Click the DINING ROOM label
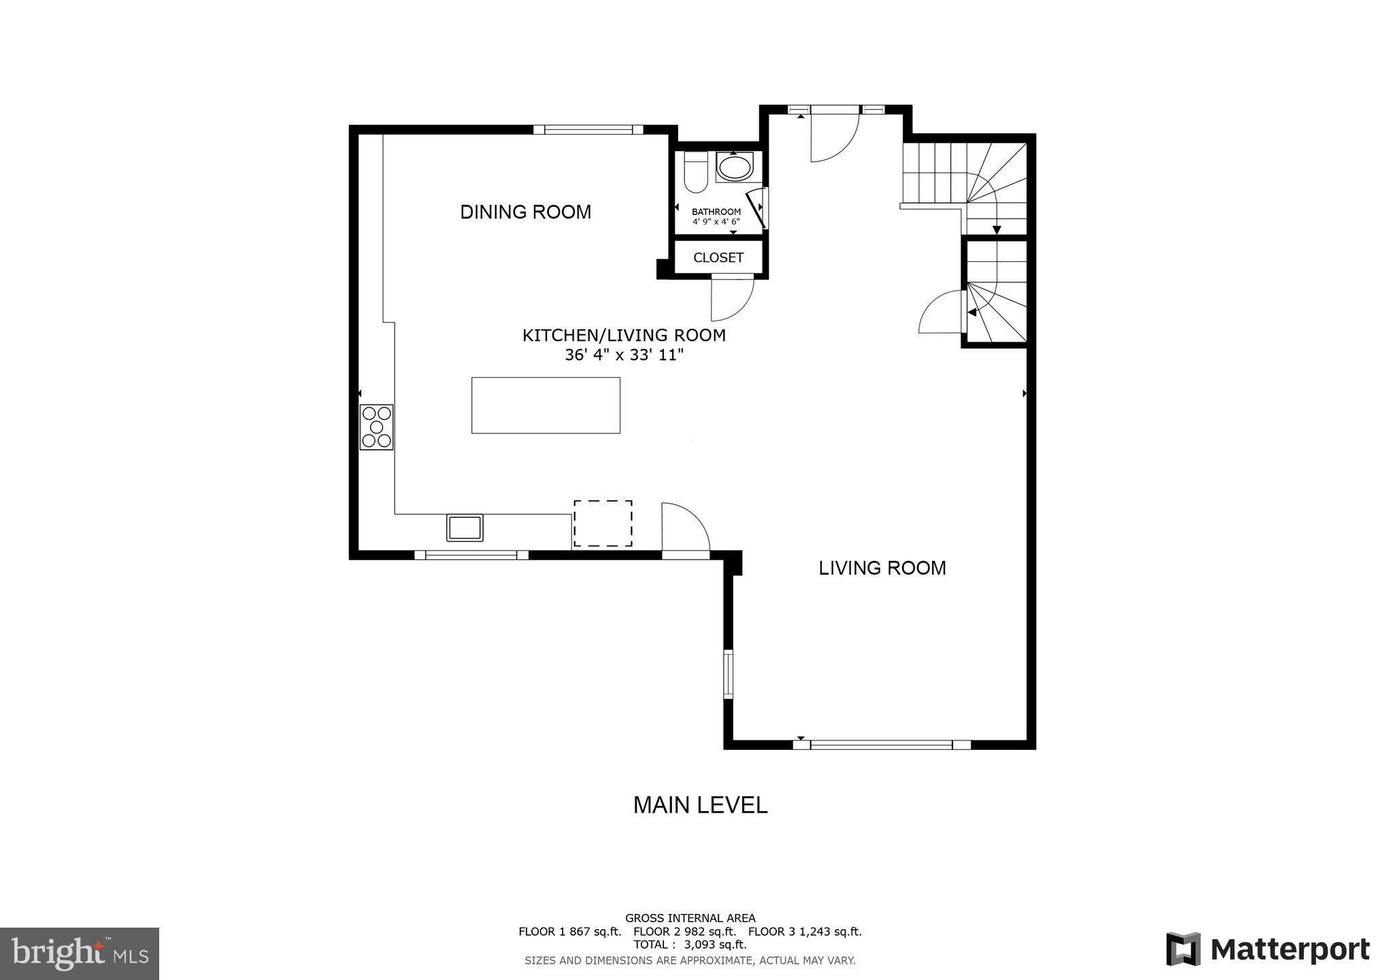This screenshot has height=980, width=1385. (x=525, y=212)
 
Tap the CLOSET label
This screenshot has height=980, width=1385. (x=718, y=258)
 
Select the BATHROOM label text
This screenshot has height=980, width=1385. (x=716, y=212)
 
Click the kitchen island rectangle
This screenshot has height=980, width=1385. (x=546, y=405)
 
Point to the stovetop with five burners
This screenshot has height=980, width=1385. (x=376, y=427)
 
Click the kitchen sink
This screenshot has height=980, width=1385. (x=465, y=527)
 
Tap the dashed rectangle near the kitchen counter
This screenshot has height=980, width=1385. (x=603, y=523)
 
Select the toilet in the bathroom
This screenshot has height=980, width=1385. (x=695, y=173)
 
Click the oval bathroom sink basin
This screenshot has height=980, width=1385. (x=735, y=167)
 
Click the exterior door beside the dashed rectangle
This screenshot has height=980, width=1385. (x=685, y=531)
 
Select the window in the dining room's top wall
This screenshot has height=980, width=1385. (x=588, y=129)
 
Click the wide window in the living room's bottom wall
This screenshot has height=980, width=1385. (x=882, y=745)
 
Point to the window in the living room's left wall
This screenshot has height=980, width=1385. (x=728, y=674)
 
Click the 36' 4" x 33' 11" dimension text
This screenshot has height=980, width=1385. (x=623, y=355)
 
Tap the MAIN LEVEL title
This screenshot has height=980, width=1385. (x=700, y=805)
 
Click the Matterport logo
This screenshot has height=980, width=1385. (x=1267, y=949)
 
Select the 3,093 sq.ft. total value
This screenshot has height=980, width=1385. (x=715, y=945)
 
